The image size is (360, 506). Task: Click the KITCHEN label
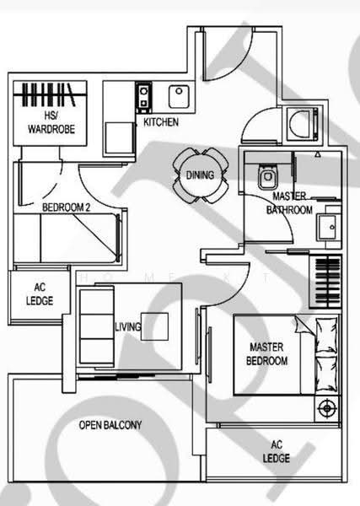pos(161,122)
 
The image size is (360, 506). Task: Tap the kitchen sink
pos(179,96)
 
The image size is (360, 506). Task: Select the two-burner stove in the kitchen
pos(143,97)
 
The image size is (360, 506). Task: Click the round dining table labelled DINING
pos(201,175)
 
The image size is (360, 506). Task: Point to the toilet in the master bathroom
pos(267,177)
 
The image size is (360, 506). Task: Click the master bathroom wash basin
pos(328,227)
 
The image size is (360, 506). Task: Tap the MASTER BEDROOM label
pos(266,354)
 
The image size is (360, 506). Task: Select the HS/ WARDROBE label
pos(51,122)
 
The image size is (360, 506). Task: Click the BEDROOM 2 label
pos(66,207)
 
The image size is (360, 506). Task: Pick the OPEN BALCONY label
pos(110,425)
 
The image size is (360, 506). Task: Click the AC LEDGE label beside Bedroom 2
pos(40,294)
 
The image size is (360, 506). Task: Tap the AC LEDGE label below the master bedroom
pos(277,451)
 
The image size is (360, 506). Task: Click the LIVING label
pos(128,327)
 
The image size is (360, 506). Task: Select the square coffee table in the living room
pos(155,326)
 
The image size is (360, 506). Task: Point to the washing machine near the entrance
pos(303,124)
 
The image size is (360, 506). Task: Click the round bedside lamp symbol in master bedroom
pos(327,408)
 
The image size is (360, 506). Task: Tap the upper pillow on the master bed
pos(326,335)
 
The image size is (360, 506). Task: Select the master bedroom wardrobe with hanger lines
pos(325,282)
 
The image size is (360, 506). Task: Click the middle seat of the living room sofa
pos(97,326)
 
